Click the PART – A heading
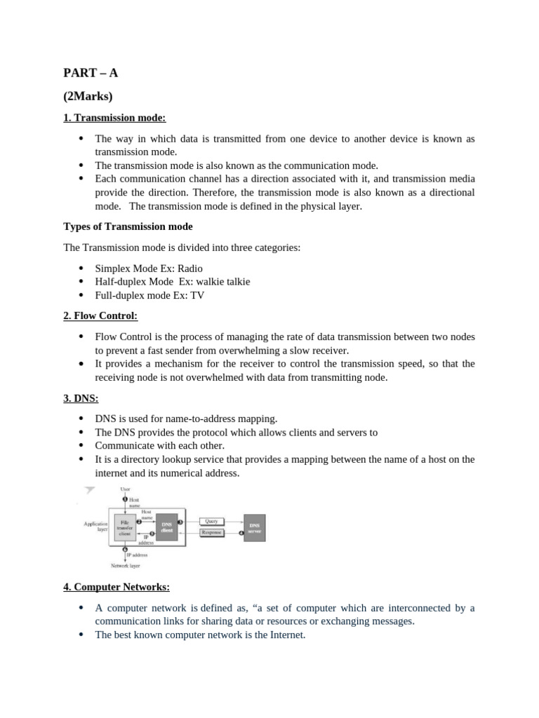click(86, 73)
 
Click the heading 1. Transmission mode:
click(114, 118)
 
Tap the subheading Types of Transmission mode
click(128, 226)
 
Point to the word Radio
click(189, 268)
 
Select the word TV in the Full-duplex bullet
click(197, 295)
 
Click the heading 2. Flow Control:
click(100, 316)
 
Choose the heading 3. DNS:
click(81, 398)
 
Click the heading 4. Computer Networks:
click(116, 586)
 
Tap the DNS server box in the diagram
click(254, 527)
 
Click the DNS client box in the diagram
click(166, 527)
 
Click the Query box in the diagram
click(211, 521)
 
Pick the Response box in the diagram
click(211, 532)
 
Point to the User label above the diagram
click(125, 489)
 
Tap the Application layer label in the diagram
click(95, 527)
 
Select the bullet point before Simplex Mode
click(81, 268)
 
